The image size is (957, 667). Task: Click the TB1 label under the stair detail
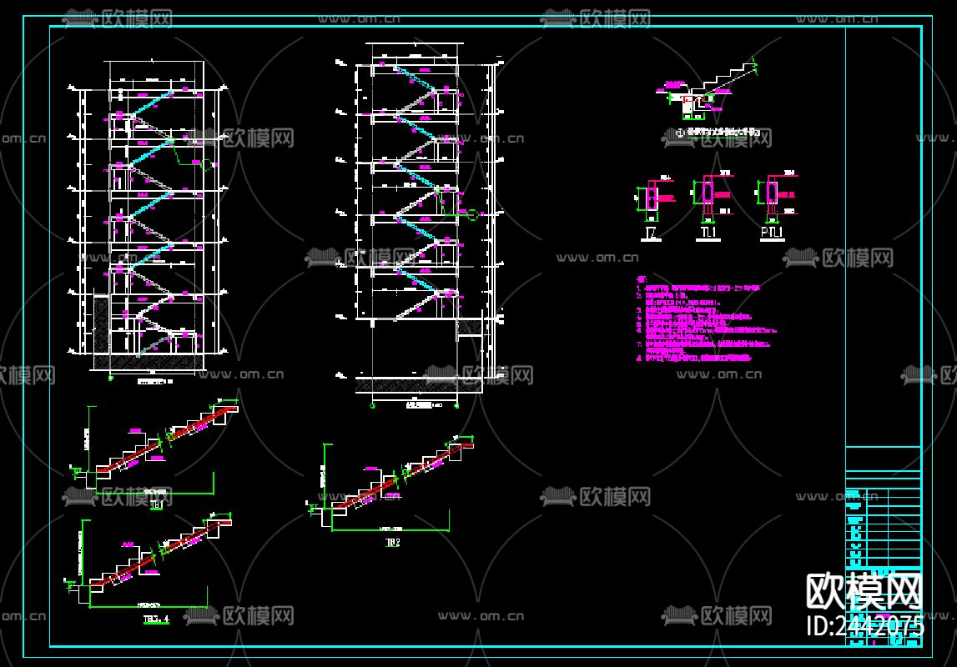157,503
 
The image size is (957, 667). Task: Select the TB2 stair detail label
392,542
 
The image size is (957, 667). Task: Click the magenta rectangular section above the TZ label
652,196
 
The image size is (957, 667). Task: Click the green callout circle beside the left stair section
207,163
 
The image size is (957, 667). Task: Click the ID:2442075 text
864,625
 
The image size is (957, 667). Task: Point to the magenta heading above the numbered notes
641,280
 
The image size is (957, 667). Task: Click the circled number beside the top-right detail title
680,132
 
